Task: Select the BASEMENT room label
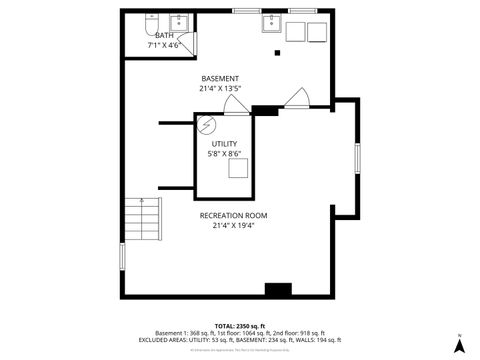tap(220, 78)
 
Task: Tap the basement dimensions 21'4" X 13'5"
tap(220, 88)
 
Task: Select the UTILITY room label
tap(224, 144)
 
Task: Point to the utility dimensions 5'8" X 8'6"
tap(224, 154)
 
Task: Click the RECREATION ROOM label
tap(233, 215)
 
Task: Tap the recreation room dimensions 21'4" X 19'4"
tap(233, 225)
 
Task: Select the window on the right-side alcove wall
tap(356, 159)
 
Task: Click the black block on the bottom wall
tap(277, 289)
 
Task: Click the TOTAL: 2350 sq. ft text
tap(240, 326)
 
